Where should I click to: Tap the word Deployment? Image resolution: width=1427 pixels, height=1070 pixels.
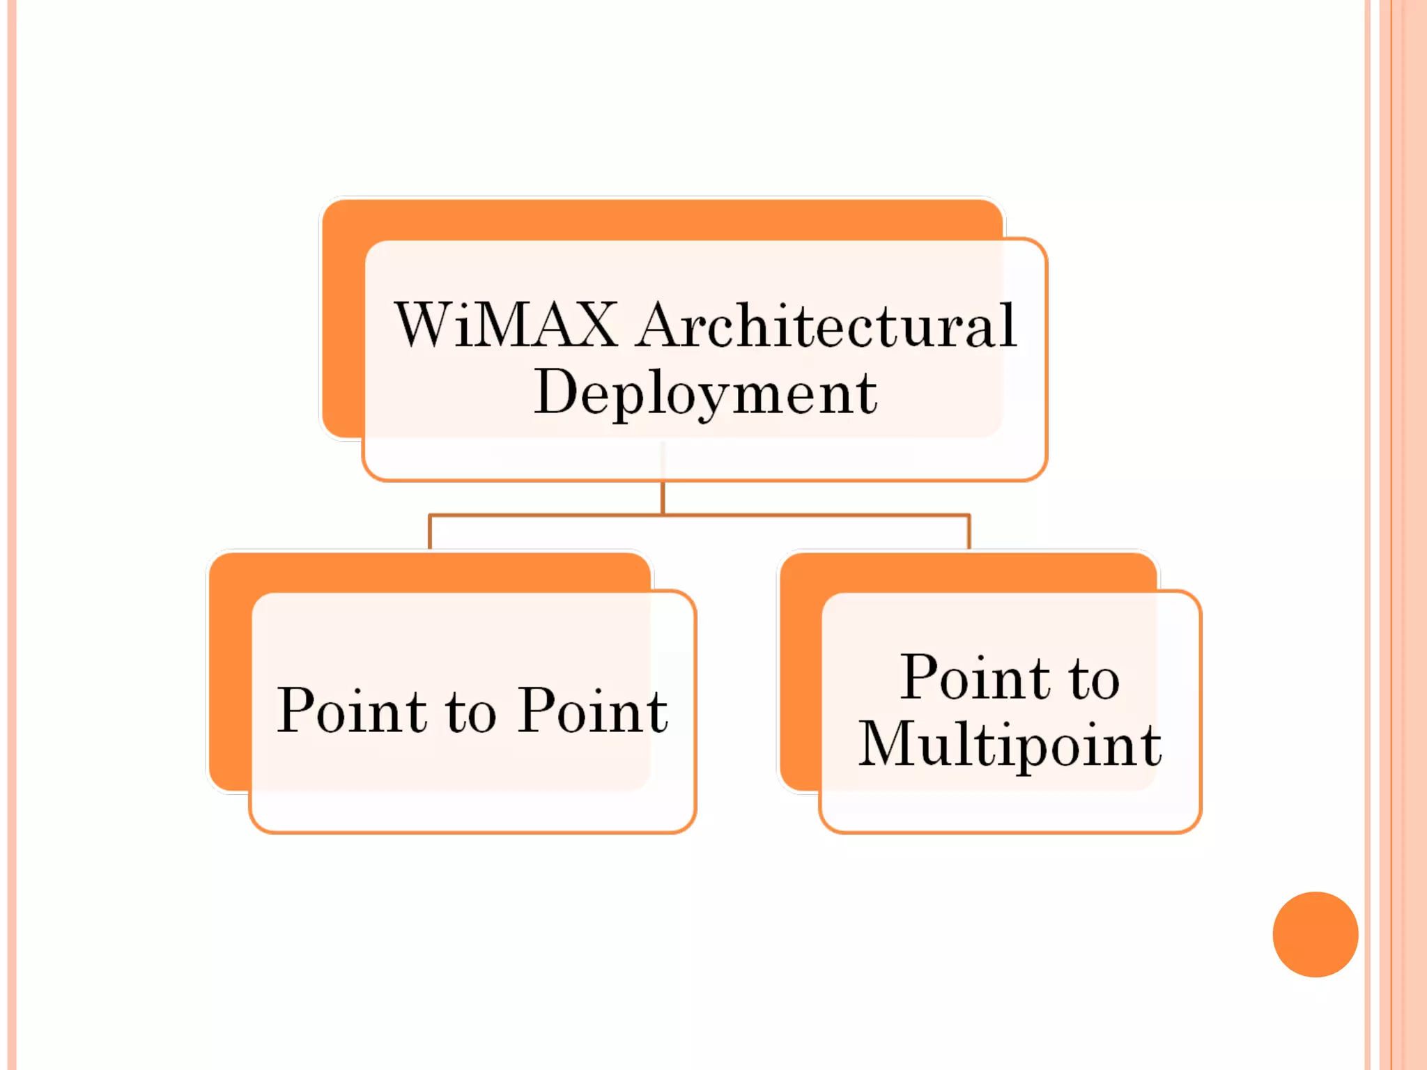click(705, 392)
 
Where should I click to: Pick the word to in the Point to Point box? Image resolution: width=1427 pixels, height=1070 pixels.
click(472, 712)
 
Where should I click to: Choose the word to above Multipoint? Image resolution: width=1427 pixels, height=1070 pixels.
click(1095, 679)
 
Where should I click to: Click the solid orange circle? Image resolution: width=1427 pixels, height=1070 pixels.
click(1315, 934)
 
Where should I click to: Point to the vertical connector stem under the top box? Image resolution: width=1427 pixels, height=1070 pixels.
click(663, 497)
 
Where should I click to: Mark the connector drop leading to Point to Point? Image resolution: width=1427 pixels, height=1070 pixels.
click(430, 533)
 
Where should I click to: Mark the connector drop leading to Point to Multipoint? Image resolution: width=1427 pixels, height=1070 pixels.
click(969, 533)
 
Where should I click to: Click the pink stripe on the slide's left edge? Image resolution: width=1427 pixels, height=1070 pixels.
click(11, 535)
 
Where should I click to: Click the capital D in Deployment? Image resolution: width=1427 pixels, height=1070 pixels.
click(557, 391)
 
